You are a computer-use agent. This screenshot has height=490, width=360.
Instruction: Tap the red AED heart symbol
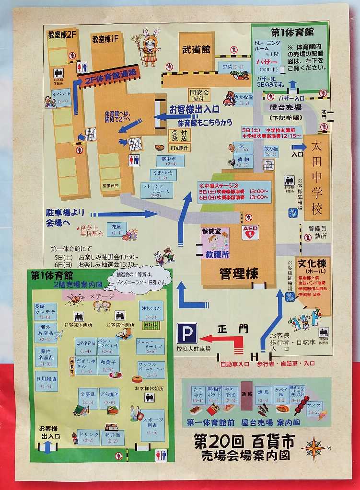click(x=250, y=232)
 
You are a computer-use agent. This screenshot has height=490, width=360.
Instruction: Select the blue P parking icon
click(x=187, y=333)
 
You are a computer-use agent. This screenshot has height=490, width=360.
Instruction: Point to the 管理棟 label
click(x=238, y=273)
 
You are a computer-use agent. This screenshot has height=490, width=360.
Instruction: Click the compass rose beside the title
click(x=314, y=448)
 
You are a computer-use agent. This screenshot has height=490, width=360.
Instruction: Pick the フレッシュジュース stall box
click(x=156, y=190)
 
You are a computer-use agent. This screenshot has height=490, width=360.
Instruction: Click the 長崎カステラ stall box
click(x=46, y=310)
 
